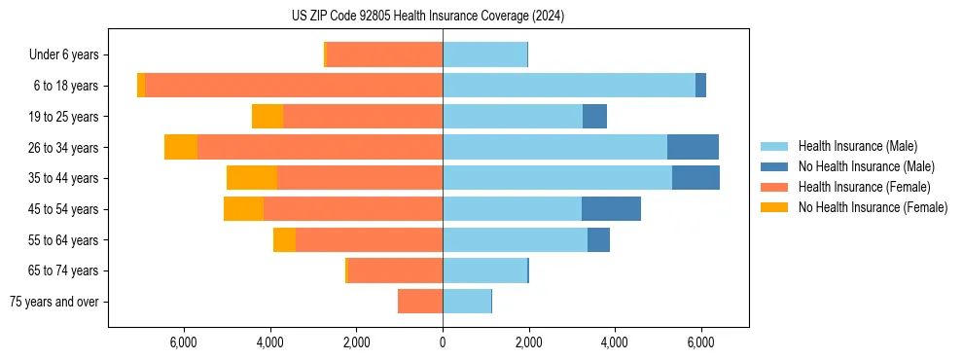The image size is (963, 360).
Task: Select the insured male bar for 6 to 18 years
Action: click(569, 86)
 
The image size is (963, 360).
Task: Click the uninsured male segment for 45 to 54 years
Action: click(611, 209)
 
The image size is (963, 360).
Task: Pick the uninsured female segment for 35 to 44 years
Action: click(252, 178)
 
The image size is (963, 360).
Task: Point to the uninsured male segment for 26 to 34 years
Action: click(693, 147)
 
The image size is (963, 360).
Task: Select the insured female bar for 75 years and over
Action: click(420, 302)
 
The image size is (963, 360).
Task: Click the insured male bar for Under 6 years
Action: click(485, 54)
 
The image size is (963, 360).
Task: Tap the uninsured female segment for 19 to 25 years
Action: click(267, 117)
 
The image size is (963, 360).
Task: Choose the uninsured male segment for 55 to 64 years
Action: click(598, 239)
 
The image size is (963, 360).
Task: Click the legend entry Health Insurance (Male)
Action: click(857, 146)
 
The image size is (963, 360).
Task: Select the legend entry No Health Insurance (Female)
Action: click(873, 207)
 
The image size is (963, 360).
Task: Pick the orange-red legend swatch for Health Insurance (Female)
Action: click(774, 187)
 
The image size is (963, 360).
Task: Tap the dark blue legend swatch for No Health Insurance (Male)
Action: click(774, 166)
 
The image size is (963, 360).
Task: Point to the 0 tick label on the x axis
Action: click(443, 342)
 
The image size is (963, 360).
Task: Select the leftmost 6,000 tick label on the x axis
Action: click(184, 342)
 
